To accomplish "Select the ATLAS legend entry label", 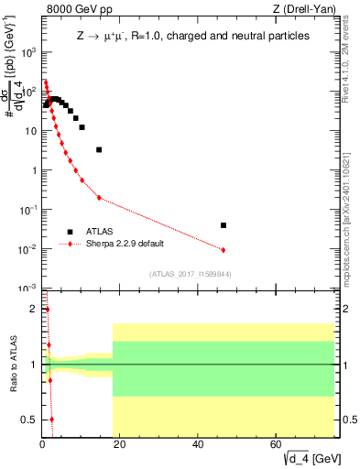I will [x=99, y=231].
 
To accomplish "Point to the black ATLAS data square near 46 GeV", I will [x=224, y=224].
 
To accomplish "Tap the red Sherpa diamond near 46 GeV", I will [x=224, y=249].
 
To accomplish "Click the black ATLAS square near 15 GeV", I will [x=99, y=149].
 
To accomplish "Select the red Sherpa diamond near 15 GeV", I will [x=99, y=198].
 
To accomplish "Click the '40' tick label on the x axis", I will [x=198, y=445].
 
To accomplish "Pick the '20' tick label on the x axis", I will [x=120, y=445].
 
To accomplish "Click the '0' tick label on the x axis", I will [x=43, y=445].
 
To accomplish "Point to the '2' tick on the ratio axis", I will [x=33, y=309].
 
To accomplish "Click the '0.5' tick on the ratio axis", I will [x=29, y=420].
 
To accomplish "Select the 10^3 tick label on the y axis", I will [x=27, y=52].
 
